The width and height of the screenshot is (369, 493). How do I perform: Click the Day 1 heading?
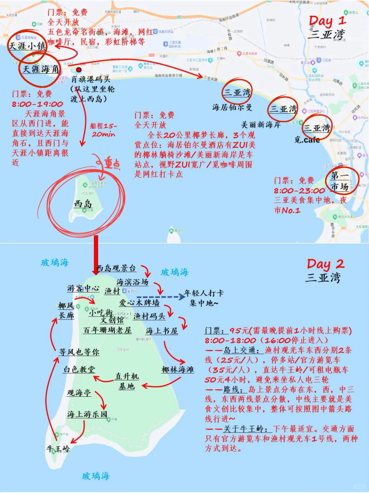327,21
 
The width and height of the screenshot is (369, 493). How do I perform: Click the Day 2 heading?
325,264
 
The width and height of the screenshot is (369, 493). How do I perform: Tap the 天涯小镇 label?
27,46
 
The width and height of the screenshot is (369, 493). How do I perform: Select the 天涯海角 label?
41,69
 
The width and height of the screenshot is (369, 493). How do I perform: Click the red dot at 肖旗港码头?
79,70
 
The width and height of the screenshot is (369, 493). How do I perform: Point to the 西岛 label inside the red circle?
83,204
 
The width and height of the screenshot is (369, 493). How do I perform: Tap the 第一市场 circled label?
340,181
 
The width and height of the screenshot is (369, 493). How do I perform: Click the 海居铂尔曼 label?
232,107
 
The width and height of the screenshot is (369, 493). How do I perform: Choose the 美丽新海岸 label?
261,125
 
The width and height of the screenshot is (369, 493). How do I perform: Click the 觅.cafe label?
307,140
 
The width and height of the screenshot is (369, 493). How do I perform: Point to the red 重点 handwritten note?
112,164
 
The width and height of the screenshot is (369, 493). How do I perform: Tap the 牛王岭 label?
58,449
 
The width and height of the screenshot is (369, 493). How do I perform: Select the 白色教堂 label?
79,369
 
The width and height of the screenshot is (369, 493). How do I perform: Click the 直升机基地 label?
127,381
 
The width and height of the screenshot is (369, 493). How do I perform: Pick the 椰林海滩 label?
178,369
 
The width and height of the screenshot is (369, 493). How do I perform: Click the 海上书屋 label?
162,331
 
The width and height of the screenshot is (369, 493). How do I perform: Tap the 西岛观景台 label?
116,268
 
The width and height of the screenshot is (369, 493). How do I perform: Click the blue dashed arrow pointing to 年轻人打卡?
161,297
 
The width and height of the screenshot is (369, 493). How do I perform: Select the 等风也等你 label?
79,352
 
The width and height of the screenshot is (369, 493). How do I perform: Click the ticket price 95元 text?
240,330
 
